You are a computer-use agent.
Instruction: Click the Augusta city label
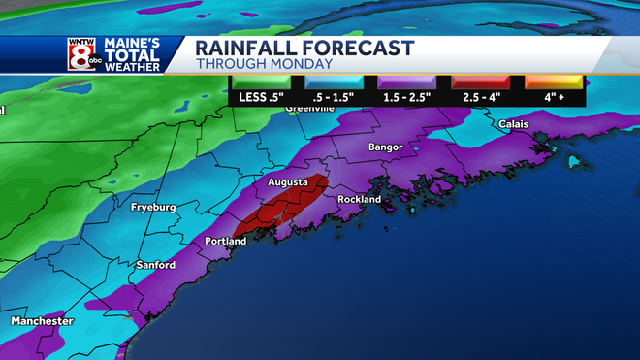click(x=290, y=181)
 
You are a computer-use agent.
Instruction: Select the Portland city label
click(x=225, y=241)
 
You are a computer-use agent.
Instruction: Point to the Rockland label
click(x=359, y=199)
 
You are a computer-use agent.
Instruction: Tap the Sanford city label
click(x=155, y=265)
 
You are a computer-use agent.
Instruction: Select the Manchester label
click(x=42, y=321)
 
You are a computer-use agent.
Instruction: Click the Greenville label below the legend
click(x=309, y=109)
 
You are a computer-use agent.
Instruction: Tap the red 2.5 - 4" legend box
click(x=485, y=91)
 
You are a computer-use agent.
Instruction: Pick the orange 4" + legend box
click(x=556, y=91)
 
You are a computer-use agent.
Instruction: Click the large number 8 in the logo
click(x=80, y=54)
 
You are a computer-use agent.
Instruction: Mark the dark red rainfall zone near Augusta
click(x=281, y=209)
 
